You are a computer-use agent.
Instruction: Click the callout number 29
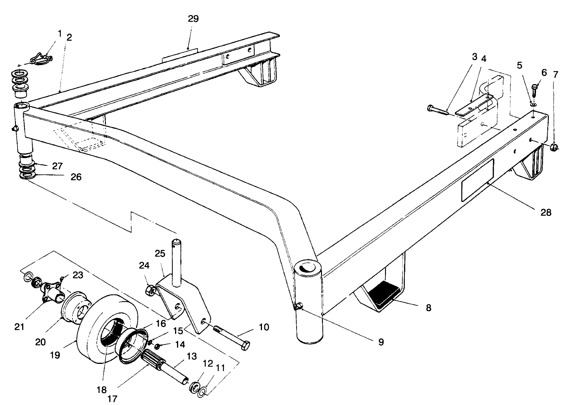tap(193, 19)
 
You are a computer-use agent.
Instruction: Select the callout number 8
tap(428, 308)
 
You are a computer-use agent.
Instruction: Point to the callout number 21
tap(19, 327)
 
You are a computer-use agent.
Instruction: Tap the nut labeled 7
tap(554, 146)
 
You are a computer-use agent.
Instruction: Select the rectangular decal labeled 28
tap(477, 180)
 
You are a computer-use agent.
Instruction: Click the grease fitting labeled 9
tap(298, 307)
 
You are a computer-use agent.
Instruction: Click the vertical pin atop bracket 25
tap(177, 260)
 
